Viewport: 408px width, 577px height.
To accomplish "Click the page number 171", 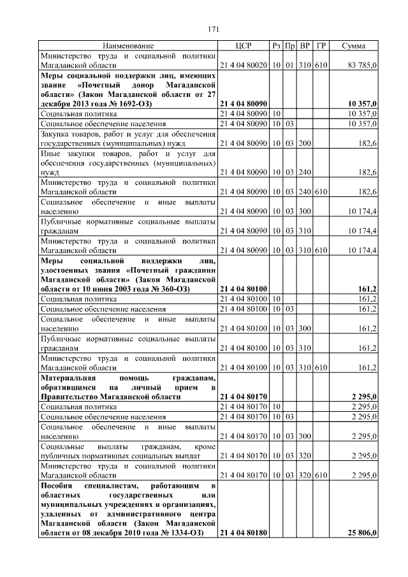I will (x=214, y=29).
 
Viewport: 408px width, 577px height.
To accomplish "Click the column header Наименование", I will (x=128, y=47).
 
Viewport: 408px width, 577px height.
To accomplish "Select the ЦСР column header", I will (x=244, y=47).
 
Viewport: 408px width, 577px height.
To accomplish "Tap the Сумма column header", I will (x=353, y=47).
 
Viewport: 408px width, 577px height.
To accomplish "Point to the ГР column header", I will (x=321, y=47).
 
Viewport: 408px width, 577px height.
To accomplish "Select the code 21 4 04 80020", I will (x=244, y=66).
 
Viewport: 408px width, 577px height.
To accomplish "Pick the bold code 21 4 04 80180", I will (x=244, y=533).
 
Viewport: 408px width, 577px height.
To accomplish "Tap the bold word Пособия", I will (x=57, y=486).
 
